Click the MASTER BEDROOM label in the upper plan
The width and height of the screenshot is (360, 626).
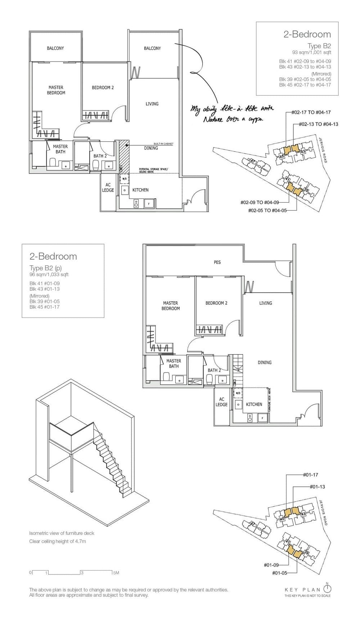point(56,90)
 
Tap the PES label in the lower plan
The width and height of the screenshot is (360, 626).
point(217,262)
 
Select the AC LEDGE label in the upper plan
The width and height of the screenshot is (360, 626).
point(108,188)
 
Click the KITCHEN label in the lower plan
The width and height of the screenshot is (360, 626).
point(254,404)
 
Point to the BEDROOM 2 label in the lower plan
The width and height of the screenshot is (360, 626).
point(216,303)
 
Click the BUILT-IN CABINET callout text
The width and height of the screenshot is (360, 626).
point(163,144)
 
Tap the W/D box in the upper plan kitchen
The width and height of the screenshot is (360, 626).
point(125,179)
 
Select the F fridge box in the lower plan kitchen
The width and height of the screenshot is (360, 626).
point(262,418)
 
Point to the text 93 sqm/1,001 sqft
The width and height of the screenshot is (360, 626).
point(311,53)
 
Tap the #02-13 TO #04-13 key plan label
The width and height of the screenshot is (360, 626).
point(318,124)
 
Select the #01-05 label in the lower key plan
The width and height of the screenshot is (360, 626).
point(279,573)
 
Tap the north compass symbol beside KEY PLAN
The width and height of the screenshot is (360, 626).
point(327,589)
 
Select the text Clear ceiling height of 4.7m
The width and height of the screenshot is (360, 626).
point(58,541)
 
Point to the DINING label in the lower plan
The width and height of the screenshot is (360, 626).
point(264,362)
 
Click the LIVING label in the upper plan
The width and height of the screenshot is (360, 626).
point(152,104)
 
